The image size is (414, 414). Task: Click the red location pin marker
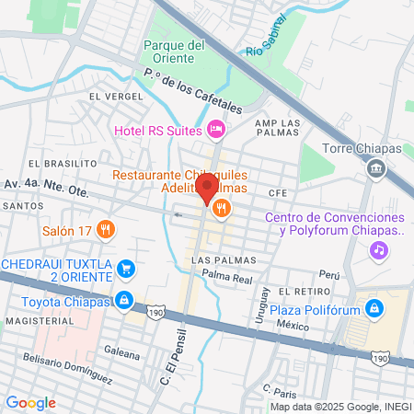207,188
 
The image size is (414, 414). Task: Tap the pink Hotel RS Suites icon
216,130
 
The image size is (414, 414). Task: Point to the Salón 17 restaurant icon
107,229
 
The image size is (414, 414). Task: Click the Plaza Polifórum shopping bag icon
374,308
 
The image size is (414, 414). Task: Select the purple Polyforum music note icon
377,249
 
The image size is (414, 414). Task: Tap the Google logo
30,402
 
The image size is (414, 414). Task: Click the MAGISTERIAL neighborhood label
35,322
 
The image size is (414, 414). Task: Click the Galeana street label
121,353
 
